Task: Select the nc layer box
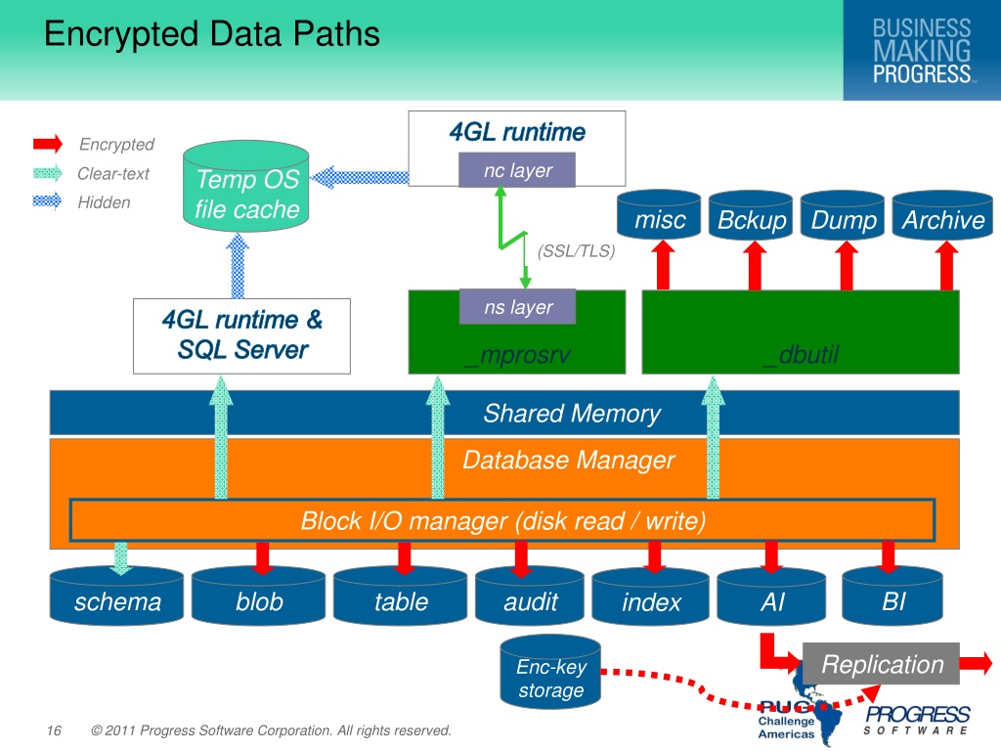pos(517,170)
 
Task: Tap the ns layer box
pos(517,307)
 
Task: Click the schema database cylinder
pos(117,596)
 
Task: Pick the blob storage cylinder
pos(258,596)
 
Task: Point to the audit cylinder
pos(529,596)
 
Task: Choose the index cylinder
pos(650,596)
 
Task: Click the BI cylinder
pos(892,596)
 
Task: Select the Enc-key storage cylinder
pos(550,672)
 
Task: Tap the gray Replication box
pos(881,664)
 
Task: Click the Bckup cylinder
pos(751,215)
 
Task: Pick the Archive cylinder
pos(942,215)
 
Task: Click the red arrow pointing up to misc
pos(664,265)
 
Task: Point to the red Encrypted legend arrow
pos(48,144)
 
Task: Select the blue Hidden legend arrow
pos(48,201)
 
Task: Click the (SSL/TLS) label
pos(576,251)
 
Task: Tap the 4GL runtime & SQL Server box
pos(242,336)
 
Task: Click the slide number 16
pos(55,729)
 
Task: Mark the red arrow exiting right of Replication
pos(977,663)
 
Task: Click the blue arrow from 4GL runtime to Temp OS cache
pos(360,177)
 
